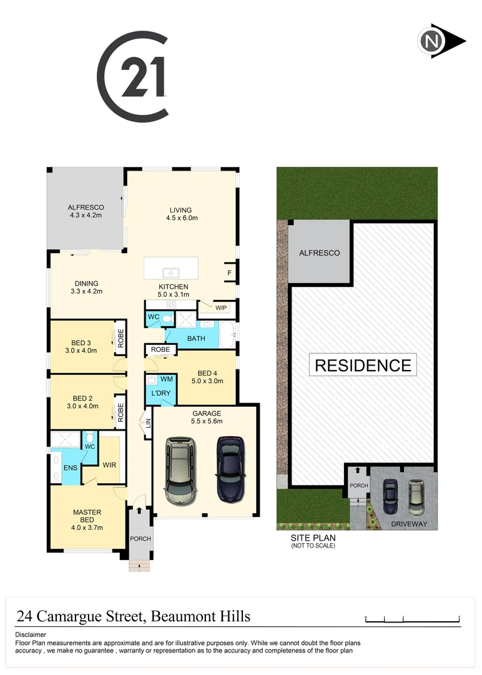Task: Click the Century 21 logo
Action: [133, 77]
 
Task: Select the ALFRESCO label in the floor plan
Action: [86, 207]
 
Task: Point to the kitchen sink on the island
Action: [171, 272]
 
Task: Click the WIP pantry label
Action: [221, 307]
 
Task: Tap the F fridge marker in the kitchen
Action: [229, 272]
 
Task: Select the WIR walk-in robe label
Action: [110, 465]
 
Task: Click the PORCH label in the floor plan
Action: [140, 538]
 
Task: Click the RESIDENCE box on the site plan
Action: [363, 365]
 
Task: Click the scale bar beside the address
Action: [412, 620]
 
